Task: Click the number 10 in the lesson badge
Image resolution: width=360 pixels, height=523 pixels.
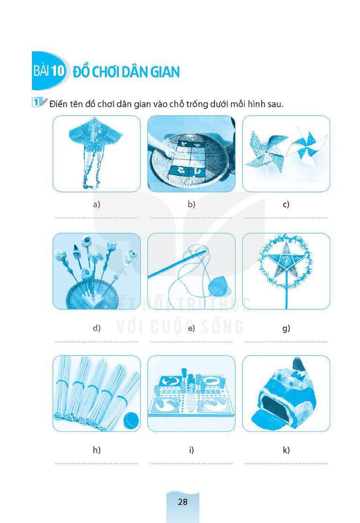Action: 58,71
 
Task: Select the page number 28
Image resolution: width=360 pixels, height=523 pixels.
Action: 182,502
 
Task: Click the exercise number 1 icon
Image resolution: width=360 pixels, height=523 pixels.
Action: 36,103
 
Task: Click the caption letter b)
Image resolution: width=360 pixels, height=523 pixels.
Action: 192,204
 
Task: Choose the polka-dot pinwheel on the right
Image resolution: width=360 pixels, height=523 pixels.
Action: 307,147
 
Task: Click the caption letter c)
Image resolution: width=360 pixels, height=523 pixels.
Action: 286,204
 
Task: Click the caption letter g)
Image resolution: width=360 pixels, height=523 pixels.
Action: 286,328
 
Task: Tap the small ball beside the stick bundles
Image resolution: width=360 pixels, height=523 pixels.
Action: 131,419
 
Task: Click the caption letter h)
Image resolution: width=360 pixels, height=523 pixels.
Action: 97,450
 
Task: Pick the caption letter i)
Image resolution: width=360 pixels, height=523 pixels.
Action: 192,450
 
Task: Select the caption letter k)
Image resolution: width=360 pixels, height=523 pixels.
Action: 286,450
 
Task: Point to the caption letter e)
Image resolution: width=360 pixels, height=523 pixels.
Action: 192,328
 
